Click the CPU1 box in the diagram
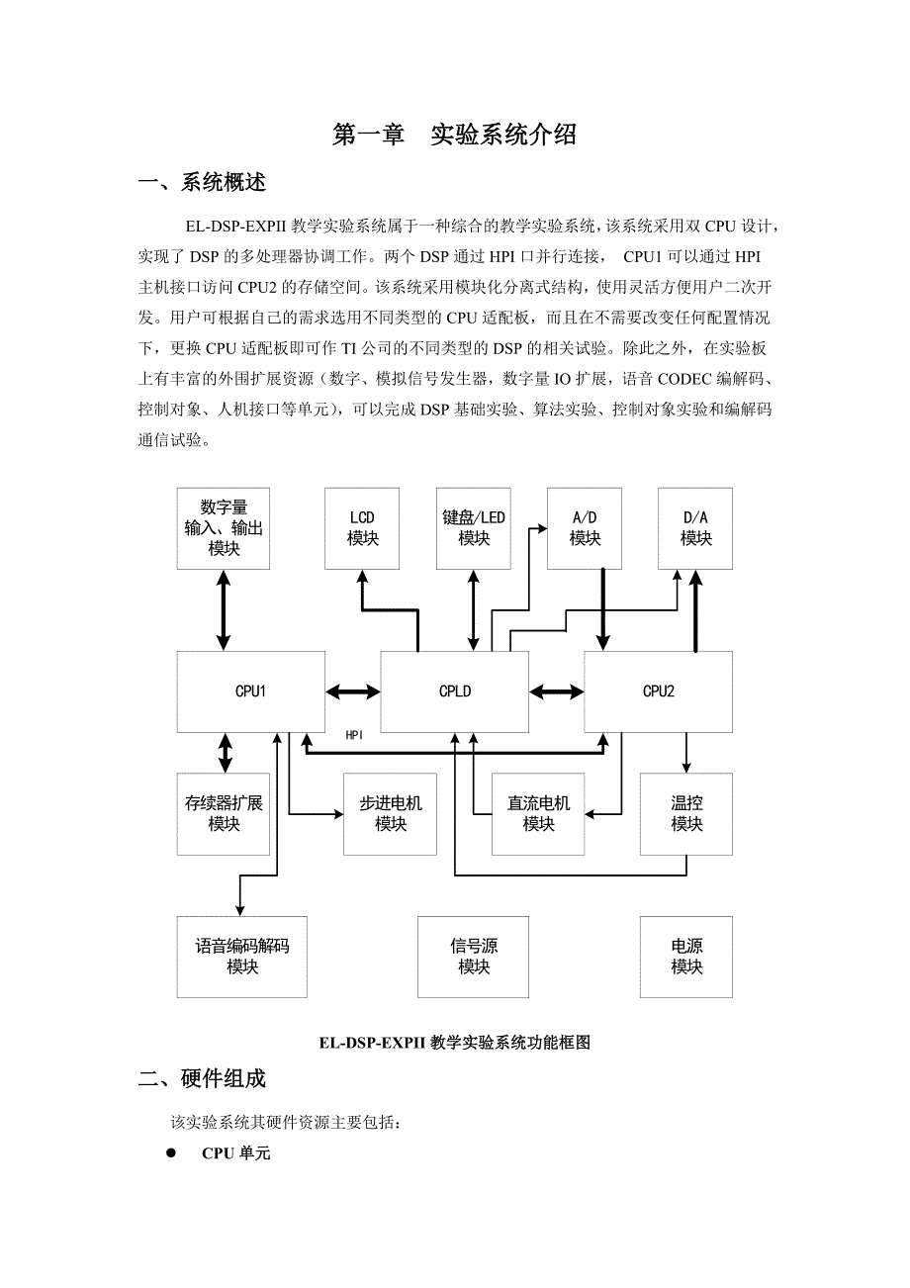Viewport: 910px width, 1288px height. click(x=251, y=691)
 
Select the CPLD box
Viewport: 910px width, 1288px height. click(x=455, y=691)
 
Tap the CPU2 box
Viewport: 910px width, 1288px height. click(x=659, y=691)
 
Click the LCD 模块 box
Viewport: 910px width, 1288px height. click(x=362, y=528)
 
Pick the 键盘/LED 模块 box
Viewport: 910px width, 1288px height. click(x=474, y=528)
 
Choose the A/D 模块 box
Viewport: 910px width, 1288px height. click(x=585, y=528)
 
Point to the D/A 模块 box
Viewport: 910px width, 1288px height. click(x=696, y=528)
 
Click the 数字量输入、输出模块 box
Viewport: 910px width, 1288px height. click(x=224, y=528)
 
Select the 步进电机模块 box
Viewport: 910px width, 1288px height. click(x=390, y=813)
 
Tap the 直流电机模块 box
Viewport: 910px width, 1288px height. click(x=538, y=813)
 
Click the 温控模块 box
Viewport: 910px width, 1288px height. click(x=686, y=813)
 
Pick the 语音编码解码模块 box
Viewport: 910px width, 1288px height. click(x=242, y=957)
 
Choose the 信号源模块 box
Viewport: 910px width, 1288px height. click(x=474, y=957)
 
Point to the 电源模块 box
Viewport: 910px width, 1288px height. click(x=686, y=957)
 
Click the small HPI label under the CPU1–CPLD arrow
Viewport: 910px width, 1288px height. click(x=355, y=735)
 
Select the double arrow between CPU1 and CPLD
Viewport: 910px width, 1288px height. click(x=353, y=691)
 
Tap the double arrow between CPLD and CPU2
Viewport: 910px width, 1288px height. click(x=557, y=691)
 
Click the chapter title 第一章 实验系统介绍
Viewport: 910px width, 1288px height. click(x=454, y=136)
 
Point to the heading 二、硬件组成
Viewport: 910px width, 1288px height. click(x=202, y=1078)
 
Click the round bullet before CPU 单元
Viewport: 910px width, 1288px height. click(x=170, y=1152)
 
